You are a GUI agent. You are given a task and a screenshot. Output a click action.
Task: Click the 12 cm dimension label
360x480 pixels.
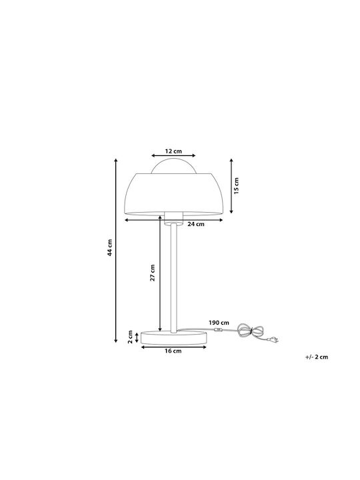pyautogui.click(x=173, y=151)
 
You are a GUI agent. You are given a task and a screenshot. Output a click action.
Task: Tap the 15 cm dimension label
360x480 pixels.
pyautogui.click(x=236, y=185)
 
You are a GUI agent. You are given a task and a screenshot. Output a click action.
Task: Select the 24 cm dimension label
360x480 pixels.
pyautogui.click(x=195, y=224)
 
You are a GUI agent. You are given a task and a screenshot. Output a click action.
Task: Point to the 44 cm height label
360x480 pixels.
pyautogui.click(x=110, y=247)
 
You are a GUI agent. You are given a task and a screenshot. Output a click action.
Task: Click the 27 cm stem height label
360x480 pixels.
pyautogui.click(x=153, y=273)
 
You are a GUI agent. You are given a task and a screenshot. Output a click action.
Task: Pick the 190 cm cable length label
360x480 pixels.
pyautogui.click(x=219, y=323)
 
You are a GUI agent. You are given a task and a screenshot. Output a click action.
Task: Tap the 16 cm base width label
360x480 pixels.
pyautogui.click(x=173, y=351)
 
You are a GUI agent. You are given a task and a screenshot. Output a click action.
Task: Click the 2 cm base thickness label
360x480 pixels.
pyautogui.click(x=131, y=337)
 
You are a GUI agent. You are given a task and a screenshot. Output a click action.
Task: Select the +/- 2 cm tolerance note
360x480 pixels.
pyautogui.click(x=317, y=357)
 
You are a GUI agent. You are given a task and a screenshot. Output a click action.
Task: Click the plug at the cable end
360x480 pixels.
pyautogui.click(x=273, y=339)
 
